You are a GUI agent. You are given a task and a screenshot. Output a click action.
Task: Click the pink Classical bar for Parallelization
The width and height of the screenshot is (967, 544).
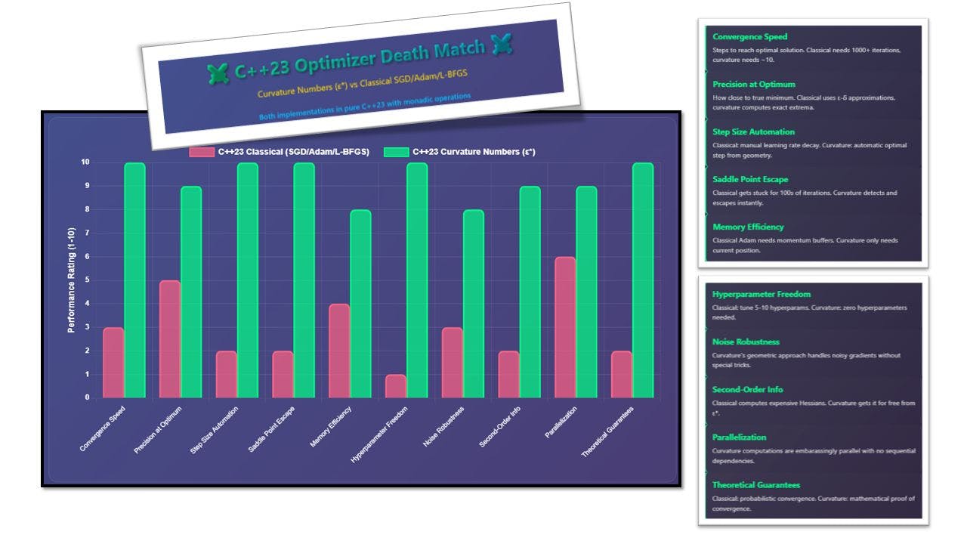[x=565, y=327]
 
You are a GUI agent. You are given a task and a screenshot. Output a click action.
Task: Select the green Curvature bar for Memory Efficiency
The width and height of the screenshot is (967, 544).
[x=360, y=304]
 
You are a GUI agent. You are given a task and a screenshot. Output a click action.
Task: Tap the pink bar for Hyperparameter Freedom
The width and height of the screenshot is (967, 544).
[x=396, y=386]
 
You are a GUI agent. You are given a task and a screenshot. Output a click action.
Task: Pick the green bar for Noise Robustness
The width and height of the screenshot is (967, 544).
[x=474, y=304]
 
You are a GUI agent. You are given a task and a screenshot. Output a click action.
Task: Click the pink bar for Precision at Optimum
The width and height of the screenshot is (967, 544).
[x=169, y=339]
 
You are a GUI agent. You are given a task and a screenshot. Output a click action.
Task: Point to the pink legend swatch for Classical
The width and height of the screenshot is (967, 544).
[x=201, y=152]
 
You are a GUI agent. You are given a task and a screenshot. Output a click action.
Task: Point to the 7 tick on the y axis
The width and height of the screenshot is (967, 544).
[x=85, y=233]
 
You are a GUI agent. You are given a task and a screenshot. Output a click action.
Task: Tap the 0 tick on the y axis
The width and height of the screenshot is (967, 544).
[x=87, y=397]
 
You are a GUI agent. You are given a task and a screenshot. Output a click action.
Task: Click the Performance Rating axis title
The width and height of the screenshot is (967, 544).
[x=71, y=280]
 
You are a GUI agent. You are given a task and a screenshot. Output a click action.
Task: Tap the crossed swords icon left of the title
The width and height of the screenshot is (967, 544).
[x=218, y=74]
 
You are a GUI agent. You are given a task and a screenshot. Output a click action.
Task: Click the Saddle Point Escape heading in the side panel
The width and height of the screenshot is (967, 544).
[x=750, y=179]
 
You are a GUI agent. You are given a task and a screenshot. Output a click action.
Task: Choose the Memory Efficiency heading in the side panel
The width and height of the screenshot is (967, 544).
[x=748, y=227]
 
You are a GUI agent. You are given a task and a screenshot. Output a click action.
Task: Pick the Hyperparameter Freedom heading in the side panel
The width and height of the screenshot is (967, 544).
[x=761, y=294]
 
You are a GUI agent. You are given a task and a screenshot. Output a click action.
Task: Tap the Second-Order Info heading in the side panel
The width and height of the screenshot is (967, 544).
[x=747, y=390]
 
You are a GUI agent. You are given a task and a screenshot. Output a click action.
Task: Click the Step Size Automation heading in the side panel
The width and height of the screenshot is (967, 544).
[x=753, y=131]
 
